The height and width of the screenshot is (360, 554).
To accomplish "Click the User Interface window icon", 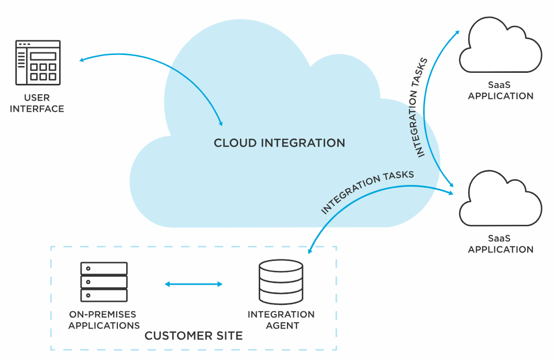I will click(x=38, y=62).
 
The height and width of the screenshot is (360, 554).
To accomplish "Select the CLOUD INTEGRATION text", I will click(x=279, y=143).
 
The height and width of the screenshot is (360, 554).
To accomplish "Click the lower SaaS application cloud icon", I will click(x=500, y=199).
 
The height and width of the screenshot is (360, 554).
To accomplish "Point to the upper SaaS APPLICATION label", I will click(x=501, y=91).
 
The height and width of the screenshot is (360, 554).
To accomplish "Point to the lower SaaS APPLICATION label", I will click(x=501, y=244).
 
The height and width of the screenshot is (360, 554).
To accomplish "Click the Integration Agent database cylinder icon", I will click(x=281, y=282).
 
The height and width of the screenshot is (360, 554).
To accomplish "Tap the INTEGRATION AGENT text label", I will click(x=281, y=320).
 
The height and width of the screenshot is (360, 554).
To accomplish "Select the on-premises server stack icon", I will click(x=104, y=282).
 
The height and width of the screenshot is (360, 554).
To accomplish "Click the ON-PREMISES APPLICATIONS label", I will click(x=104, y=320).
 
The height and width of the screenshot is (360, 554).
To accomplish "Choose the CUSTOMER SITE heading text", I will click(x=194, y=336).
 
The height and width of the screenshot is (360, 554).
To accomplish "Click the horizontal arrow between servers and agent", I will click(x=194, y=284).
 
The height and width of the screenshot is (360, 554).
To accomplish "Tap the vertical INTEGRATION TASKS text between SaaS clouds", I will click(x=420, y=107).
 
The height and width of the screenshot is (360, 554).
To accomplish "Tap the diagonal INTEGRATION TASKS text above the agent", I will click(x=367, y=192).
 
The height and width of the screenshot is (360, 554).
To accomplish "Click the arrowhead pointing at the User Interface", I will click(x=82, y=60).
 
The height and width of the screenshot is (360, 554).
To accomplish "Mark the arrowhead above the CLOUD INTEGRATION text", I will click(x=220, y=123).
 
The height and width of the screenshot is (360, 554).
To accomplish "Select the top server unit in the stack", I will click(x=104, y=269).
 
